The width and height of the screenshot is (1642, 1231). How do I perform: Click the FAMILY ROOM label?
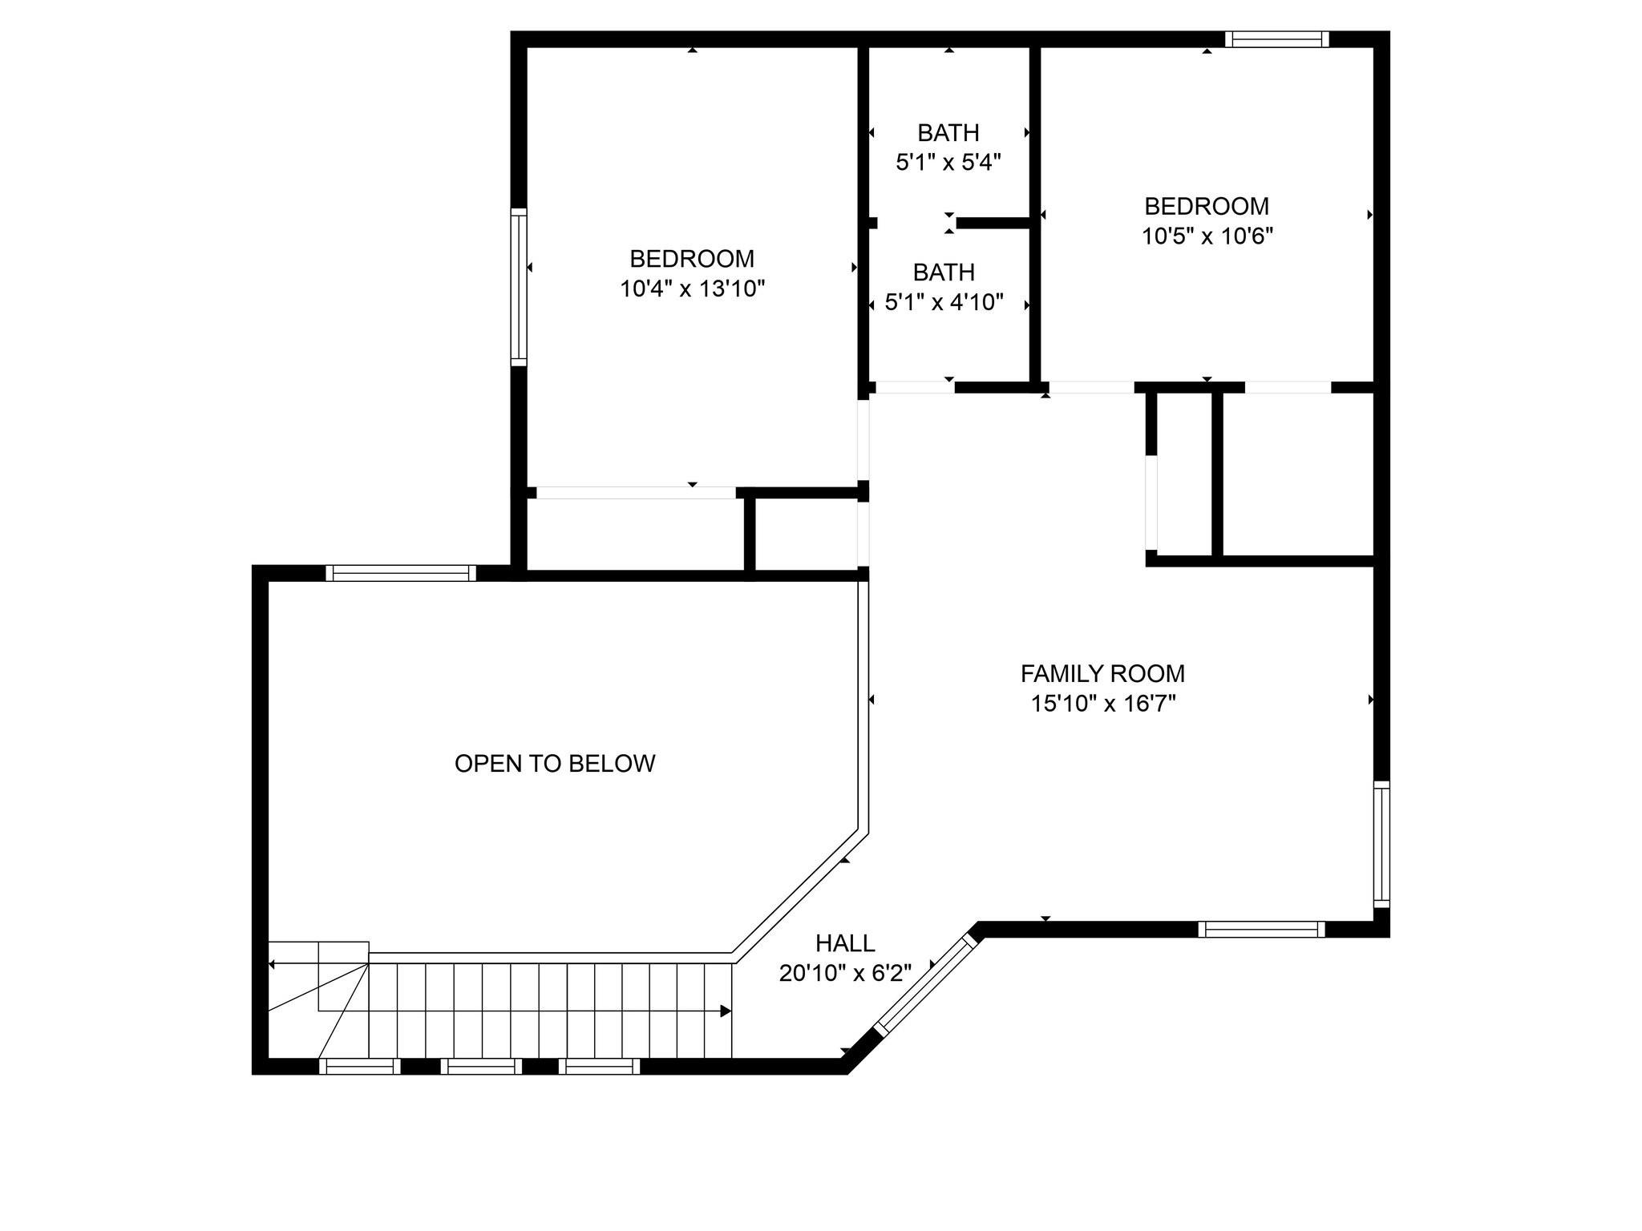(1102, 673)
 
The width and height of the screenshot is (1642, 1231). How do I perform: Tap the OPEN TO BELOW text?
(555, 763)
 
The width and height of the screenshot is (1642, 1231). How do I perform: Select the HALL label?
(845, 942)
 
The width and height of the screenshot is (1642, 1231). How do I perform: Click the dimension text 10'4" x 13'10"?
(693, 289)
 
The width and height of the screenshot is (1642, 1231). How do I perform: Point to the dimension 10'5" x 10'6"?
(1207, 236)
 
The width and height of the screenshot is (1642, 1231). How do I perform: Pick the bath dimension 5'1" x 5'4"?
(948, 163)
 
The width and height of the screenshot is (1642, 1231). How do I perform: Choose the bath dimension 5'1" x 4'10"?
(944, 302)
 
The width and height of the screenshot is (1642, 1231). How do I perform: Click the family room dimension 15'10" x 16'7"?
(1103, 704)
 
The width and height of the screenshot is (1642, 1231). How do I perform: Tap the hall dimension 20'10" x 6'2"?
(845, 973)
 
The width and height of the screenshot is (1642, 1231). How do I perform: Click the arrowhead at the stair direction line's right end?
(726, 1011)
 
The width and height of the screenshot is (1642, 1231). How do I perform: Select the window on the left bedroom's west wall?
(519, 287)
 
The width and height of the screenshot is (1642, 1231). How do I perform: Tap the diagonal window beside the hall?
(927, 983)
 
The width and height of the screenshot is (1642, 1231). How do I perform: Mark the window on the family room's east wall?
(1381, 844)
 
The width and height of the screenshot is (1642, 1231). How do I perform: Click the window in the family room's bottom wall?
(1262, 929)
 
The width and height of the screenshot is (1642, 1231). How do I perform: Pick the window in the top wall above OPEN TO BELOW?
(401, 573)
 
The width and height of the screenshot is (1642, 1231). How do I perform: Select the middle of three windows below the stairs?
(481, 1066)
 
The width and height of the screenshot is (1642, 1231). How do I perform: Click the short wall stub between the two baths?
(993, 223)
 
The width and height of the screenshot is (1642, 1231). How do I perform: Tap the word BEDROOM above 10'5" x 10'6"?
(1207, 207)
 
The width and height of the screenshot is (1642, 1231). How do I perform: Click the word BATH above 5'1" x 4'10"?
(944, 272)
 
